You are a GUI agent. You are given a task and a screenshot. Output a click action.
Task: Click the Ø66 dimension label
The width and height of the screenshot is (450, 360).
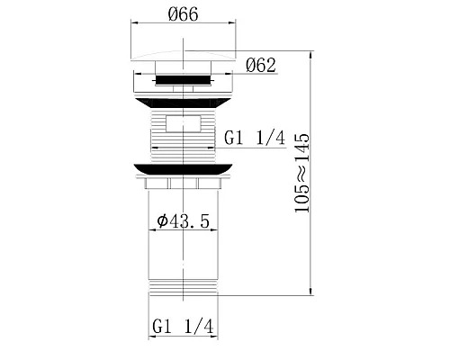tap(184, 13)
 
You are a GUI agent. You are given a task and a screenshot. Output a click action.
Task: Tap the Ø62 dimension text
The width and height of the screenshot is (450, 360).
tap(260, 65)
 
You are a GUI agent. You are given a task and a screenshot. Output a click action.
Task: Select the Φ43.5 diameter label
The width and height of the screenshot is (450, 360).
tap(183, 221)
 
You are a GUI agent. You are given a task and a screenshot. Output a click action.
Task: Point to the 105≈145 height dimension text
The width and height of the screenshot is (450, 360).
tap(301, 173)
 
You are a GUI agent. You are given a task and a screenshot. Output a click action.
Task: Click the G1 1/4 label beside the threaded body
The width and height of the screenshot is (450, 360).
tap(255, 138)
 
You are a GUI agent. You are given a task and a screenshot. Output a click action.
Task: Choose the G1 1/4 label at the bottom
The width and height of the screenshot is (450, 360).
tap(183, 326)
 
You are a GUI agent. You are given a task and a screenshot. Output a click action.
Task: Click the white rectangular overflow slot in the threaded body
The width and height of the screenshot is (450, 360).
tap(183, 123)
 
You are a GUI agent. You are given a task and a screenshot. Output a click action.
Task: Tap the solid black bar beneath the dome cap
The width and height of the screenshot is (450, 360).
tap(183, 80)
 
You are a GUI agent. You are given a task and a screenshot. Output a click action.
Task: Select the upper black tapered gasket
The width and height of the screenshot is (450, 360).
tap(183, 103)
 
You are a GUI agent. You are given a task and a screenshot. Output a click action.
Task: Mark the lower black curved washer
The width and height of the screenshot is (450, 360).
tap(183, 169)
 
